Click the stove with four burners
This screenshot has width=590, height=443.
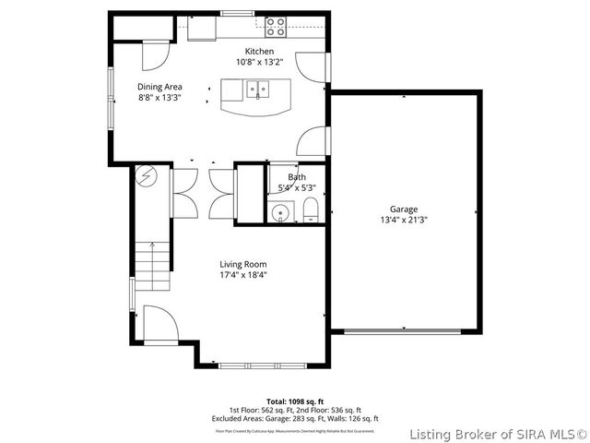(275, 27)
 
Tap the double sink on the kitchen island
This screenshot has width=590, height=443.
(257, 90)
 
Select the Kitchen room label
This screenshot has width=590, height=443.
(258, 51)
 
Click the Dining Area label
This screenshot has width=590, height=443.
(159, 87)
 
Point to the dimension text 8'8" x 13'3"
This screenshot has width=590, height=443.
(159, 97)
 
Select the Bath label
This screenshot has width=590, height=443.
(296, 177)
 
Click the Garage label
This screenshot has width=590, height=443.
(404, 210)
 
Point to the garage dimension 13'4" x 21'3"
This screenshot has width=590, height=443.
(404, 220)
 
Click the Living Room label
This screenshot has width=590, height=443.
(242, 264)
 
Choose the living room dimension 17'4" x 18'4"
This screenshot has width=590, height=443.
(242, 274)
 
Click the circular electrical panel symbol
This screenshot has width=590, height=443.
(147, 176)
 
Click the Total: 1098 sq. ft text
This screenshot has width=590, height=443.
(295, 401)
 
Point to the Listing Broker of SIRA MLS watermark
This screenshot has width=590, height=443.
(498, 433)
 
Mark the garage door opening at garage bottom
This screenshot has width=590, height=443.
(403, 330)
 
